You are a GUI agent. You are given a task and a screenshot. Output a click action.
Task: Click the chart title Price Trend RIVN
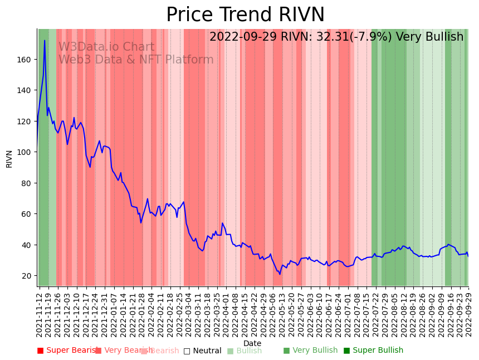(245, 15)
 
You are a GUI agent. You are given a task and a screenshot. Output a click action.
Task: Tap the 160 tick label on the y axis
(25, 59)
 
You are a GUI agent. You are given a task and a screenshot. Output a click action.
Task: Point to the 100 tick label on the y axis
(25, 152)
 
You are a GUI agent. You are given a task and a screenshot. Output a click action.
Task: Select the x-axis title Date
(252, 343)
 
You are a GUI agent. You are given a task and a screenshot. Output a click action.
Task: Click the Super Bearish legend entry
(68, 351)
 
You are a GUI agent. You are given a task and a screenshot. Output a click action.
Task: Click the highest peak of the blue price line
(45, 41)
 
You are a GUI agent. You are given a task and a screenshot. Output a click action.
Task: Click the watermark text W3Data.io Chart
(106, 47)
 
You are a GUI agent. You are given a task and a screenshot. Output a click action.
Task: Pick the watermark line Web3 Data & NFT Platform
(136, 60)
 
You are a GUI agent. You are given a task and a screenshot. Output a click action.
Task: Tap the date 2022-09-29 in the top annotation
(241, 37)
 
